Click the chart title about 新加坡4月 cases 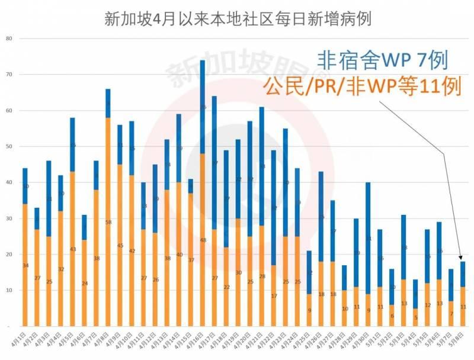237,18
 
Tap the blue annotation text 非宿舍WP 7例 382,60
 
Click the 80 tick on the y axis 8,38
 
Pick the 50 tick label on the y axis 8,146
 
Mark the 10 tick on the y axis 8,290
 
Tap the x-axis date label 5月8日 460,342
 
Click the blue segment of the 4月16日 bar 203,107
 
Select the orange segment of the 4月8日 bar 108,221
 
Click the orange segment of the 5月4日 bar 415,317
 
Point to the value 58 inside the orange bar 108,222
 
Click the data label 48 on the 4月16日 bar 203,240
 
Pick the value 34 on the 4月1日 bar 25,265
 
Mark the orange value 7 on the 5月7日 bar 451,313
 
